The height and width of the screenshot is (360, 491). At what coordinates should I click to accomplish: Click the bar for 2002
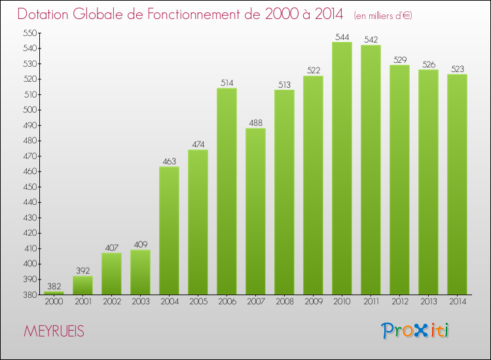[111, 274]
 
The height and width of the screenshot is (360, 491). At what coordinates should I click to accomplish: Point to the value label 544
[342, 37]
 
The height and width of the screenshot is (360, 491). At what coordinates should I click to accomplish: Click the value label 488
[255, 123]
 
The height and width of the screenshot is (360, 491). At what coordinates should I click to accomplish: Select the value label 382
[54, 287]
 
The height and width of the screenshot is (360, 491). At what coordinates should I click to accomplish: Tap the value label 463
[169, 162]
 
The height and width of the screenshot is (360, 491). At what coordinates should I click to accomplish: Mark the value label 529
[399, 60]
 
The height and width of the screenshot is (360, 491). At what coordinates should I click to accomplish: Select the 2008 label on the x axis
[284, 302]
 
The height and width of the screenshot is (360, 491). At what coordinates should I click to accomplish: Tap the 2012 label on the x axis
[399, 302]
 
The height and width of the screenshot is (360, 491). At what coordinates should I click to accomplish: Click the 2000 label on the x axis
[54, 302]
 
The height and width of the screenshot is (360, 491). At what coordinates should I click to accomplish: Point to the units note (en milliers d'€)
[383, 15]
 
